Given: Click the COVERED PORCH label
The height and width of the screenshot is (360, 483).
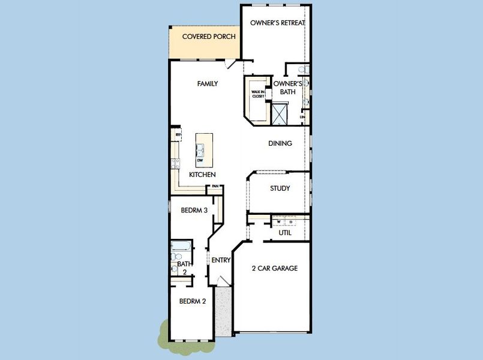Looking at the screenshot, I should [x=204, y=37].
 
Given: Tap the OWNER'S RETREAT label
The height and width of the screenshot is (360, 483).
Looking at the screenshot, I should [x=278, y=23].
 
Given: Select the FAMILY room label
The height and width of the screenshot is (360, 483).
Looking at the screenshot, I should [x=208, y=84].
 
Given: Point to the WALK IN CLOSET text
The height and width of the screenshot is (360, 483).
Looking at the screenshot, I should [x=258, y=94].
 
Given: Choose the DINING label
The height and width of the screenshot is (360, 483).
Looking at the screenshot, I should [x=280, y=143].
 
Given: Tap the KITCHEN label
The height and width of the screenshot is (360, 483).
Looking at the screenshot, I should [x=202, y=175].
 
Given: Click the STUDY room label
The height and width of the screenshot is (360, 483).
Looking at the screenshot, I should [x=280, y=188].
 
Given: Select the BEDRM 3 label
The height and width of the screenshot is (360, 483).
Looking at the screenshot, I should [x=194, y=211].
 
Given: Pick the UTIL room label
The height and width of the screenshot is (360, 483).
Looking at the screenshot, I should [x=285, y=232].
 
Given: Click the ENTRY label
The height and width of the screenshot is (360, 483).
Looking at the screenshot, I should [x=221, y=260].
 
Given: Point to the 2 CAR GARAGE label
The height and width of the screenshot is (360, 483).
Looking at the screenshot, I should [x=274, y=269].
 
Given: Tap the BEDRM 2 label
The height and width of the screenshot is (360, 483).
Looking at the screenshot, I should [x=193, y=301].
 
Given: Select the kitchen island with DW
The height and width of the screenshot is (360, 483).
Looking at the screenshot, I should [x=200, y=149].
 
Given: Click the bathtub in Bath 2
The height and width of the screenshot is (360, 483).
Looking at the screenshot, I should [x=181, y=245].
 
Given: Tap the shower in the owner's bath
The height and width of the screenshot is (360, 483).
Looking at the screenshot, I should [x=280, y=113].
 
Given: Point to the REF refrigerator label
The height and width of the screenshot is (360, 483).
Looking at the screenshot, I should [x=178, y=134].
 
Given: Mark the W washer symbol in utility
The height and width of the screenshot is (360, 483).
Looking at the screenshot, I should [x=279, y=223].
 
